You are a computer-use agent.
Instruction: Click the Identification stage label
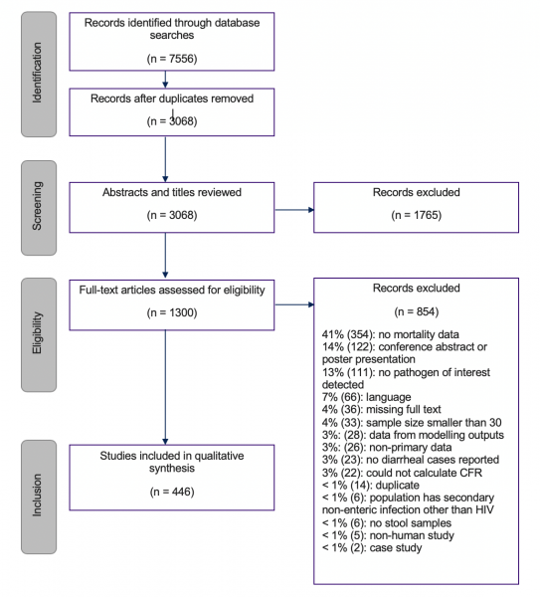click(x=38, y=73)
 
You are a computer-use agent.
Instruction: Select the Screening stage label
click(x=38, y=206)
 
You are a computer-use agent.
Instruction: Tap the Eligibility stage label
click(x=38, y=332)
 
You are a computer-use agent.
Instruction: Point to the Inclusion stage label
click(x=38, y=495)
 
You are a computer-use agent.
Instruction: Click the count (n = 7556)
click(x=172, y=59)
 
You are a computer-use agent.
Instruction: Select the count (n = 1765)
click(x=417, y=215)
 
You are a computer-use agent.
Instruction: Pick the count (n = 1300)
click(x=172, y=312)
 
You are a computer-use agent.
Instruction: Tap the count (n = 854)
click(x=417, y=311)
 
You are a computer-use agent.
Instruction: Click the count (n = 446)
click(x=172, y=492)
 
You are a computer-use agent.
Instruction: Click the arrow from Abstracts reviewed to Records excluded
click(x=294, y=210)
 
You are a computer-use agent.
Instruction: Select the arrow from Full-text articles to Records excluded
click(x=294, y=304)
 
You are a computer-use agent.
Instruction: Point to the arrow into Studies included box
click(x=165, y=387)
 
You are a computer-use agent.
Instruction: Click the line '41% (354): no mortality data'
click(x=391, y=334)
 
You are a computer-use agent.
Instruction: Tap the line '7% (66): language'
click(x=367, y=397)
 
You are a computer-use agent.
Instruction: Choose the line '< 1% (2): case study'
click(x=372, y=548)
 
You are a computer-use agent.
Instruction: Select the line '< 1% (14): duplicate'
click(x=371, y=486)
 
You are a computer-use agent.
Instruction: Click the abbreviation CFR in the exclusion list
click(x=471, y=473)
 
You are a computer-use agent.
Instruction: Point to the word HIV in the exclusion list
click(x=485, y=509)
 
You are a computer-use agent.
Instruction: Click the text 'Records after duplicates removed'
click(x=172, y=99)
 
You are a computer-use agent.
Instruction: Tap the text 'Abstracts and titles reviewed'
click(x=172, y=192)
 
